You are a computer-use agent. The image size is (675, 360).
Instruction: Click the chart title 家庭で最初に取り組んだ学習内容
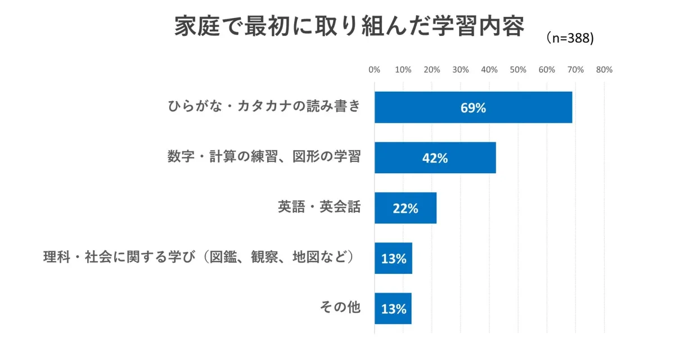click(x=349, y=27)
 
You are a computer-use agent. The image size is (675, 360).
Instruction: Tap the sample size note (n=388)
click(x=570, y=38)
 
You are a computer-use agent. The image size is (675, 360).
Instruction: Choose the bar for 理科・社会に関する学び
click(x=394, y=258)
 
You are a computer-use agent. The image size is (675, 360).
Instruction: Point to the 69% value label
click(x=473, y=108)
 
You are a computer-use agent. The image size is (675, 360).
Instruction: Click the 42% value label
click(x=435, y=159)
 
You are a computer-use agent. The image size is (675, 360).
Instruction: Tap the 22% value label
click(x=406, y=209)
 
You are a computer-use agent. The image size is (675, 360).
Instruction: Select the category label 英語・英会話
click(x=319, y=207)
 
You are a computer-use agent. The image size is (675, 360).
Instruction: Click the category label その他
click(x=340, y=308)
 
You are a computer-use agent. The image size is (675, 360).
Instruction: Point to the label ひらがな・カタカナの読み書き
click(x=264, y=106)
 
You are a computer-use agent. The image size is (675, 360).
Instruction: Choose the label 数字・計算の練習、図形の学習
click(x=264, y=157)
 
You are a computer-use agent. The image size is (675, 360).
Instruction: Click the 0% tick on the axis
click(x=374, y=70)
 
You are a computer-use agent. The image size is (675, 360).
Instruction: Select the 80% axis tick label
click(x=604, y=70)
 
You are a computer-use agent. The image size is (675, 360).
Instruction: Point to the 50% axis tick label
click(x=517, y=70)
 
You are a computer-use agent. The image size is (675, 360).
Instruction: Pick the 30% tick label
click(x=460, y=70)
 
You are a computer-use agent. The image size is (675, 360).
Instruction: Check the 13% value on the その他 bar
click(x=394, y=309)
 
